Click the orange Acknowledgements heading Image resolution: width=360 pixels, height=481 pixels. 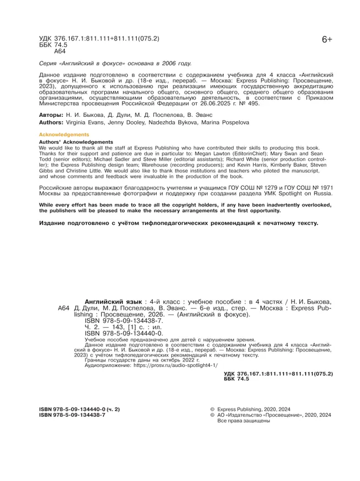point(64,135)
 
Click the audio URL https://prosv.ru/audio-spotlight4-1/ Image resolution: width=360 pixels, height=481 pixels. point(174,365)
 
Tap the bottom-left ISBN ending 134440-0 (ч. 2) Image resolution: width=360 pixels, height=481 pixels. point(79,408)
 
